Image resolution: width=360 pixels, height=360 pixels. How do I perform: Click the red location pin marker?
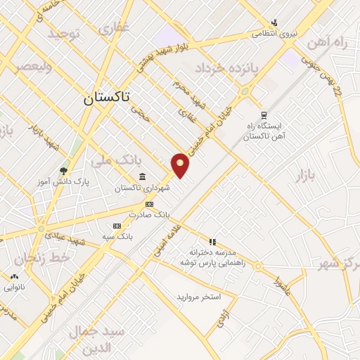click(x=181, y=166)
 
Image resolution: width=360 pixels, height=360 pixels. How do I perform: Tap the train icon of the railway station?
click(x=264, y=115)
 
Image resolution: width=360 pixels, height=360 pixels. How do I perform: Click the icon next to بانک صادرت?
click(x=148, y=203)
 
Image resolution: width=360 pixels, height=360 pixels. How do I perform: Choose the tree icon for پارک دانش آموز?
click(x=63, y=170)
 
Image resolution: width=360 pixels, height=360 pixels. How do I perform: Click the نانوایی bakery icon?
click(x=15, y=276)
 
